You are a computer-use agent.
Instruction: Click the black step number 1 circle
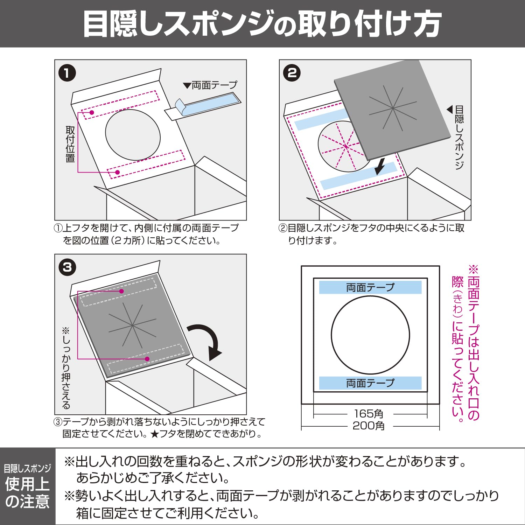click(x=67, y=73)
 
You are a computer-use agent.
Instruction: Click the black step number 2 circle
click(x=292, y=73)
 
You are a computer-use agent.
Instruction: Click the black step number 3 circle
click(x=67, y=267)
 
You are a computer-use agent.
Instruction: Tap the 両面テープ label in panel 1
click(x=210, y=85)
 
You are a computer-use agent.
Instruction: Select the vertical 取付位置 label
click(x=70, y=144)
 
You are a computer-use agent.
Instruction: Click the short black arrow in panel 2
click(x=379, y=166)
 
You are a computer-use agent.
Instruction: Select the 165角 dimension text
click(x=369, y=414)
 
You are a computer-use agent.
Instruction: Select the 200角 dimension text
click(x=369, y=426)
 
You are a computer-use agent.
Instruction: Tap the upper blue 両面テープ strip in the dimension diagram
click(x=370, y=287)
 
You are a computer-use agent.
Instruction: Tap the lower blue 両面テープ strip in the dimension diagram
click(x=370, y=383)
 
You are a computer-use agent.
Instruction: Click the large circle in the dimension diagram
click(x=331, y=335)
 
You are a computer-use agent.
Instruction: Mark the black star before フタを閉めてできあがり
click(x=154, y=434)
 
